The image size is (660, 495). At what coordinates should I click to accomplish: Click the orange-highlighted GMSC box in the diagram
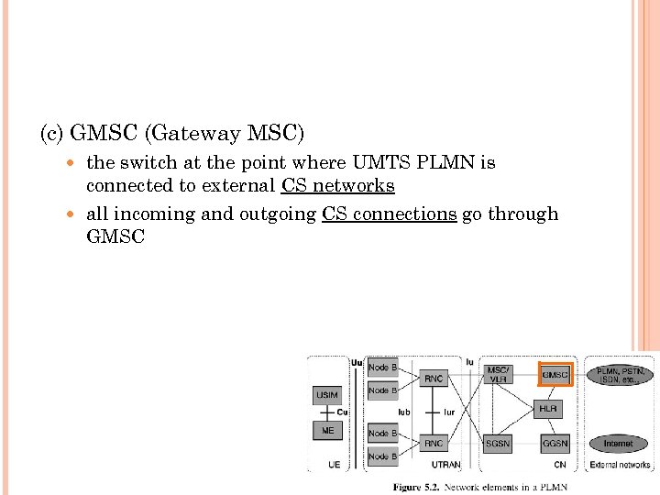(x=555, y=375)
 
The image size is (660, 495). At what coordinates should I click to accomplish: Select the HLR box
(x=547, y=409)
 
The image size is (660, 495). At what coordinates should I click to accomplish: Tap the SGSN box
(x=498, y=444)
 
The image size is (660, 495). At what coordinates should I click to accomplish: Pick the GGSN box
(x=555, y=444)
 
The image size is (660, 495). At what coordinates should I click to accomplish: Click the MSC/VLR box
(x=498, y=375)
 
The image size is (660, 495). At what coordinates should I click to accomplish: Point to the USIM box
(x=327, y=395)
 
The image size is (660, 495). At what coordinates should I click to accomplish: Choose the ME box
(x=327, y=430)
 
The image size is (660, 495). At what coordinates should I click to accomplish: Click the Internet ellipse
(x=618, y=444)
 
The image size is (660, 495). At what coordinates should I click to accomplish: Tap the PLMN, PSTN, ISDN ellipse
(x=621, y=376)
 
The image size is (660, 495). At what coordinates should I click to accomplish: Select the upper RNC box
(x=434, y=378)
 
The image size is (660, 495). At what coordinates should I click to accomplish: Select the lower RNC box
(x=434, y=444)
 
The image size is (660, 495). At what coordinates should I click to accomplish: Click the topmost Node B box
(x=382, y=368)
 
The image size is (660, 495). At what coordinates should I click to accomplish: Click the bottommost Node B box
(x=382, y=456)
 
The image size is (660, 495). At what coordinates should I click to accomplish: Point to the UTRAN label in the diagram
(x=445, y=465)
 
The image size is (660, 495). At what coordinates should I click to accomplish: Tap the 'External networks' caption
(x=621, y=465)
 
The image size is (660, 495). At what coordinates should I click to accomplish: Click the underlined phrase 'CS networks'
(x=337, y=186)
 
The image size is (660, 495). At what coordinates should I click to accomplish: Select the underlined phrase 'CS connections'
(x=389, y=214)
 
